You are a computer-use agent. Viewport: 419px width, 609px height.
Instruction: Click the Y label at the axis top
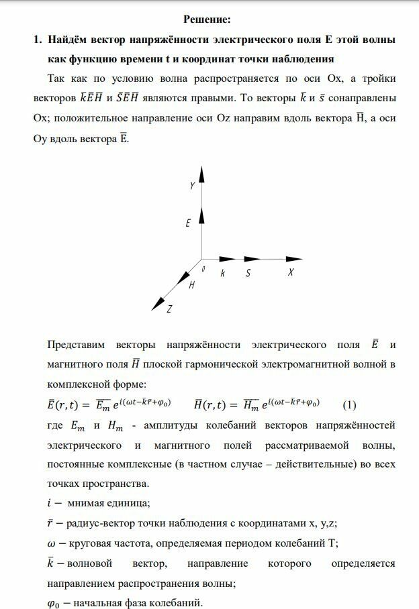coord(193,186)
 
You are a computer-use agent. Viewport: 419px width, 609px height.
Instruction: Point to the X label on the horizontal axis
coord(291,273)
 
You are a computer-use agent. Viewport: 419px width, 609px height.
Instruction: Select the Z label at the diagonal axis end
coord(170,309)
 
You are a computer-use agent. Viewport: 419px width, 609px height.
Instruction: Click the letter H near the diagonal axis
coord(191,285)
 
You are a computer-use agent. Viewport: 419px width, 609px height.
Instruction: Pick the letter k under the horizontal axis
coord(222,273)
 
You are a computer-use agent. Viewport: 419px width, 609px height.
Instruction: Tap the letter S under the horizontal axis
coord(248,273)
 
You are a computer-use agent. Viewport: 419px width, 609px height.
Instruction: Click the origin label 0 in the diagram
coord(203,268)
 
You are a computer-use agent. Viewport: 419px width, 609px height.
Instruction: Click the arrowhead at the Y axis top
coord(201,176)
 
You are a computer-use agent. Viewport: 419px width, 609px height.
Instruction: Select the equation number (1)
coord(349,405)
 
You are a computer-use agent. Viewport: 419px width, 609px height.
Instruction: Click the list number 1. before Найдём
coord(38,40)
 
